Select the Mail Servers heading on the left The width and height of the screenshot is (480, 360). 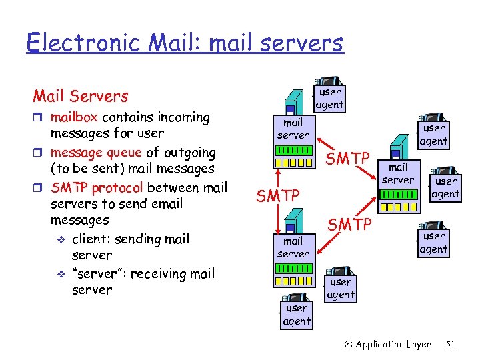(80, 96)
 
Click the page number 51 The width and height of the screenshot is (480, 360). (450, 344)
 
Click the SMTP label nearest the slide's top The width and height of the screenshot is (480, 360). (347, 158)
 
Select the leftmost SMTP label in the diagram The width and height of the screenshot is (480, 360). (279, 195)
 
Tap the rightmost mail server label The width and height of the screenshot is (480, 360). (398, 174)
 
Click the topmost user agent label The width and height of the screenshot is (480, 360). (329, 98)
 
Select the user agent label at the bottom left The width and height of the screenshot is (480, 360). (297, 315)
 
